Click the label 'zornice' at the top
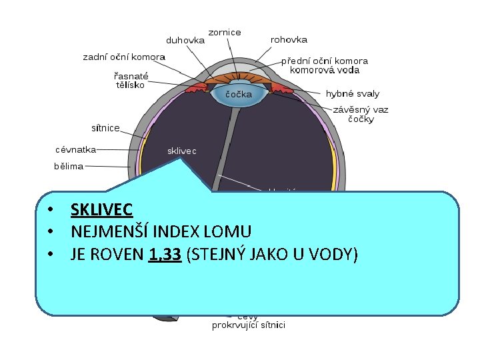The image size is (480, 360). click(225, 32)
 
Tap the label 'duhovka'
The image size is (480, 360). click(185, 39)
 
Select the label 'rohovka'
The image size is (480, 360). click(289, 39)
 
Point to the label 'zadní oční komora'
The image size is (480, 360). click(124, 57)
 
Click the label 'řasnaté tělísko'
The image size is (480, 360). click(131, 80)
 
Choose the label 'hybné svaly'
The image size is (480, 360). click(352, 94)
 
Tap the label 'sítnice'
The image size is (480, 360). click(105, 127)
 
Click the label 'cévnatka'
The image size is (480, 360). click(75, 149)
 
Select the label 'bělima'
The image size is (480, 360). click(69, 166)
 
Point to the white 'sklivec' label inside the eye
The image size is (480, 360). click(181, 151)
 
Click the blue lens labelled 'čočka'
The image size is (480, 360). click(238, 94)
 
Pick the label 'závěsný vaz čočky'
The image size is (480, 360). click(361, 114)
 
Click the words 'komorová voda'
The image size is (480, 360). click(329, 70)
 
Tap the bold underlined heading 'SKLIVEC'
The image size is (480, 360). click(101, 210)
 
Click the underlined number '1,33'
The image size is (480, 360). click(166, 254)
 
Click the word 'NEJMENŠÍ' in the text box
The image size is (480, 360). click(105, 232)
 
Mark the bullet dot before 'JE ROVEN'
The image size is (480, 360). click(49, 254)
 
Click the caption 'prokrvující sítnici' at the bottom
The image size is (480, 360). click(249, 325)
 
